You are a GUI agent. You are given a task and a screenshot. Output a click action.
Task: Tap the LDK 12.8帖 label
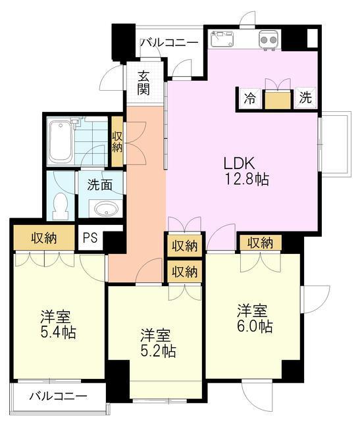click(246, 171)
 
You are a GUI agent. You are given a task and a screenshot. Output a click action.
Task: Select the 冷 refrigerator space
click(250, 99)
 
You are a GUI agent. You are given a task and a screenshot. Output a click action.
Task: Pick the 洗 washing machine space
click(306, 98)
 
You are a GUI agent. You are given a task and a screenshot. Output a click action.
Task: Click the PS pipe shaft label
click(90, 238)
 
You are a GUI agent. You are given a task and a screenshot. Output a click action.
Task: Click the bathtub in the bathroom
click(61, 142)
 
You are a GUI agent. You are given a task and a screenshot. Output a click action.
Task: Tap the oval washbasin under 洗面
click(106, 209)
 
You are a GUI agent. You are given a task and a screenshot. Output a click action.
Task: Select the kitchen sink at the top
click(222, 39)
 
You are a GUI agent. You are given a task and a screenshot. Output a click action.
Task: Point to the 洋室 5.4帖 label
click(58, 324)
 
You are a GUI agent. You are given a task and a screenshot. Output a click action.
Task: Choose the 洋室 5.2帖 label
click(159, 343)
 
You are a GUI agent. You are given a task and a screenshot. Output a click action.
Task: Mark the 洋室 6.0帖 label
click(255, 318)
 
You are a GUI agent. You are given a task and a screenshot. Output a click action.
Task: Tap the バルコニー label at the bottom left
click(59, 396)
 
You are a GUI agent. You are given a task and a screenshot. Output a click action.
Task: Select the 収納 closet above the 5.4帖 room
click(44, 238)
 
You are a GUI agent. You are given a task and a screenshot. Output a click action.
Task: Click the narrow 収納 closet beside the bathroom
click(117, 141)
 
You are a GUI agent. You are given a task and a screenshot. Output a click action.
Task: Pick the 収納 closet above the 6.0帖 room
click(261, 243)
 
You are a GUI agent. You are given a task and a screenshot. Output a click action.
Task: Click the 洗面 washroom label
click(99, 185)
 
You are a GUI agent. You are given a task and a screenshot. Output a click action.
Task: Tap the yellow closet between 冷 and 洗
click(278, 100)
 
